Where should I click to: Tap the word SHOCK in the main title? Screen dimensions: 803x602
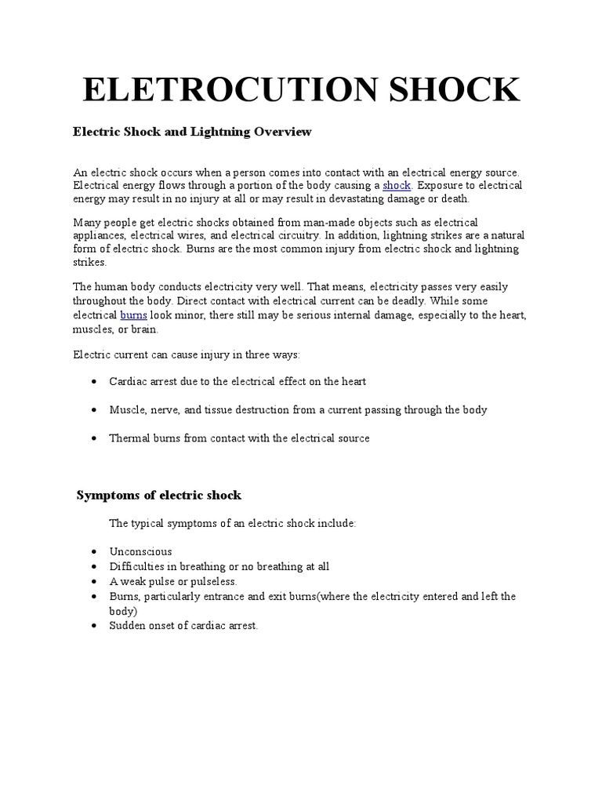point(449,89)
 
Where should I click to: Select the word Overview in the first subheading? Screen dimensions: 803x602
point(281,132)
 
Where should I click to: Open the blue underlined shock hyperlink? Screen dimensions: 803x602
point(397,185)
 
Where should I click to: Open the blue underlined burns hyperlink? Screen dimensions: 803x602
point(132,314)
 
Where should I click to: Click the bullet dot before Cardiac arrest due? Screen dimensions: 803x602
point(94,382)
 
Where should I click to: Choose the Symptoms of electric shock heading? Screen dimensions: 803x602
point(159,496)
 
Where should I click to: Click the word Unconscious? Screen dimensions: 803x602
point(140,551)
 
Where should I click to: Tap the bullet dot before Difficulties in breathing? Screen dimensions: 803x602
point(94,567)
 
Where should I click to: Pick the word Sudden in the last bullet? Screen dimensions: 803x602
point(125,626)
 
